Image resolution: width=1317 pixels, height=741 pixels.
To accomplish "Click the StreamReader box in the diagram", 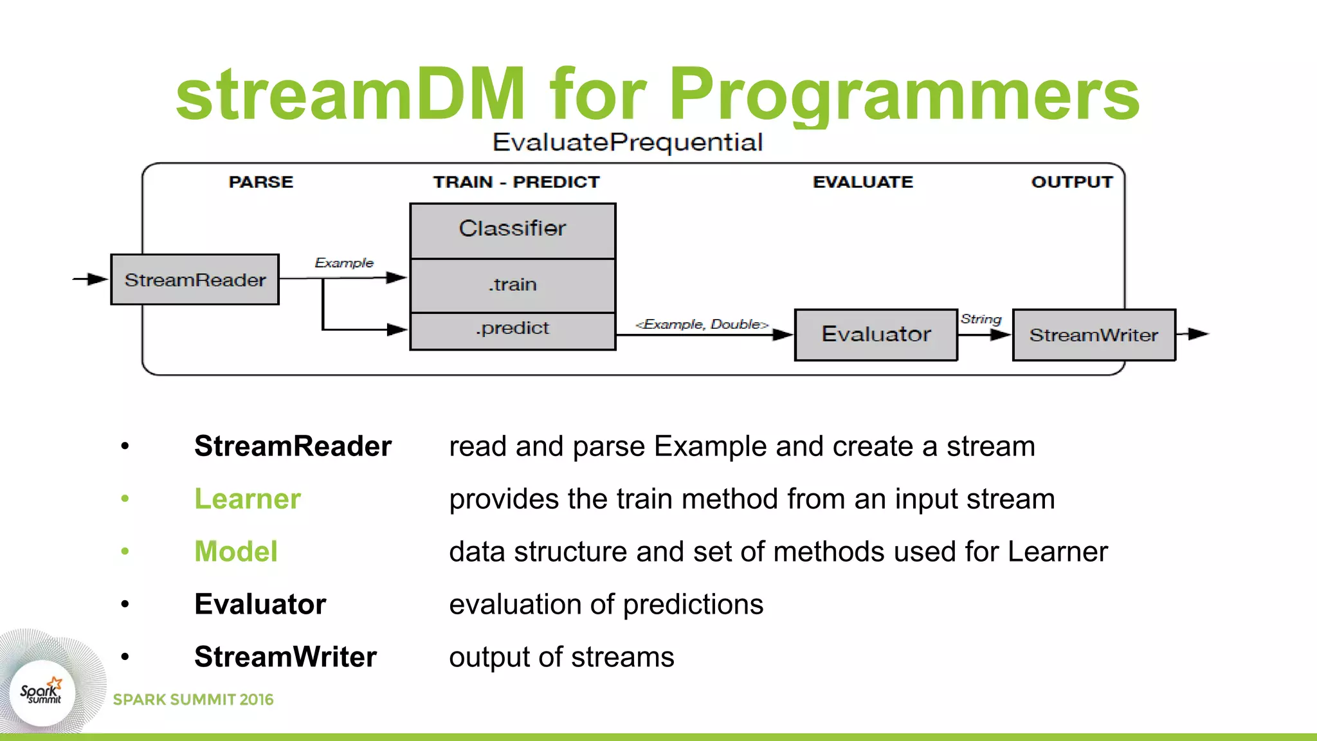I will click(195, 280).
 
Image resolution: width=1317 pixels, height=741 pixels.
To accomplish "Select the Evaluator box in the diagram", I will click(876, 334).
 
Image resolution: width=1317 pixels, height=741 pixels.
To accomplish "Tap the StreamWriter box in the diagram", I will click(1094, 335).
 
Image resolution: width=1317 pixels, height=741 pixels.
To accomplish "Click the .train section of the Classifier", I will click(513, 285).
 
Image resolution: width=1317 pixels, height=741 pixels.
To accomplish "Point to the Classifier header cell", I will click(513, 230).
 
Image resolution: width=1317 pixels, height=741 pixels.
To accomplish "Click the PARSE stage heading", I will click(260, 182).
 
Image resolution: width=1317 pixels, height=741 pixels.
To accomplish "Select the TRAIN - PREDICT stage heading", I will click(516, 182).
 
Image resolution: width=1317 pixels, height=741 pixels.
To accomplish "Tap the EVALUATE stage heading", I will click(862, 182).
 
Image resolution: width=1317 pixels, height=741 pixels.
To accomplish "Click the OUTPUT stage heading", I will click(1071, 182).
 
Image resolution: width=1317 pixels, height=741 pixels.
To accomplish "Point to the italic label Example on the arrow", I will click(344, 262).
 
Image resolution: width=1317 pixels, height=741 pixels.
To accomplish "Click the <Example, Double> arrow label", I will click(702, 324).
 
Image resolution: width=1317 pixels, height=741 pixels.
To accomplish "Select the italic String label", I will click(981, 319).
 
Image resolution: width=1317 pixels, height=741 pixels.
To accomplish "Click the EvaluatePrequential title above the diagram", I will click(627, 142).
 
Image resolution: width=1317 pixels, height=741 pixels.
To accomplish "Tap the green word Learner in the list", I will click(248, 499).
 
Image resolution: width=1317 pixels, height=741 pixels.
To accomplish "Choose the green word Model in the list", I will click(236, 552).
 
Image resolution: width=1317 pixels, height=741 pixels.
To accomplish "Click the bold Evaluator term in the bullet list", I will click(260, 605).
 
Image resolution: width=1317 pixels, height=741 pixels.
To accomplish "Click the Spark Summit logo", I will click(42, 693).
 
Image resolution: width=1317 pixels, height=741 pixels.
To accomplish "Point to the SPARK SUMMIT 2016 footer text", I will click(193, 700).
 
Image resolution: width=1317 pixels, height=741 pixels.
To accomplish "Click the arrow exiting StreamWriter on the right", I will click(1194, 334).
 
